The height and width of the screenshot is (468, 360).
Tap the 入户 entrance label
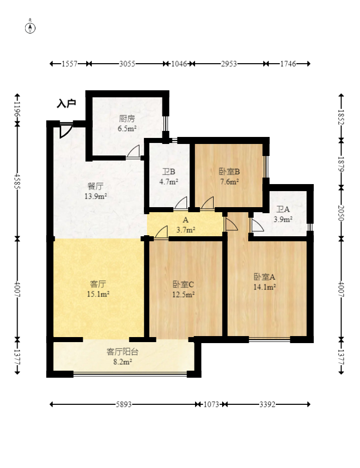click(x=66, y=103)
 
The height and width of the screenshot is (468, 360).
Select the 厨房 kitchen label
click(x=127, y=118)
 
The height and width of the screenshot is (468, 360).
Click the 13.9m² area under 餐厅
click(x=96, y=197)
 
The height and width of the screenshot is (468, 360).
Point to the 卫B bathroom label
click(x=168, y=172)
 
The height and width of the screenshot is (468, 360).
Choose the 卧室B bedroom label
click(x=229, y=172)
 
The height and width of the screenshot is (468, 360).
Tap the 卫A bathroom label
click(x=283, y=209)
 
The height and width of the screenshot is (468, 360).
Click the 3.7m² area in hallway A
click(x=186, y=230)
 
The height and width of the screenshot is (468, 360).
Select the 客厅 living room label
click(x=98, y=283)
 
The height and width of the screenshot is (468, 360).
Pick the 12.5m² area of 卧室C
click(x=184, y=294)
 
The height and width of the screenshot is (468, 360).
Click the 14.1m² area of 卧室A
click(x=265, y=287)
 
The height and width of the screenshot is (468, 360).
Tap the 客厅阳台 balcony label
click(x=122, y=352)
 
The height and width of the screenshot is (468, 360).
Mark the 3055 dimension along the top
click(x=127, y=64)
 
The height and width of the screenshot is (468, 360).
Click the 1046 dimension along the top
click(x=179, y=64)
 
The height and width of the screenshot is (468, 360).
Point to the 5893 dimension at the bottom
click(x=124, y=404)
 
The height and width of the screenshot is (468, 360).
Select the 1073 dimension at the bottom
click(x=211, y=404)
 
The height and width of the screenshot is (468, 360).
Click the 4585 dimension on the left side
click(x=17, y=181)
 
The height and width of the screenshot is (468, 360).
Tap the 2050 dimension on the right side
click(x=341, y=213)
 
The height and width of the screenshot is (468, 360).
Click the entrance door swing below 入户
click(x=66, y=130)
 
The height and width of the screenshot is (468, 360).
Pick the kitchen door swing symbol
click(x=133, y=151)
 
